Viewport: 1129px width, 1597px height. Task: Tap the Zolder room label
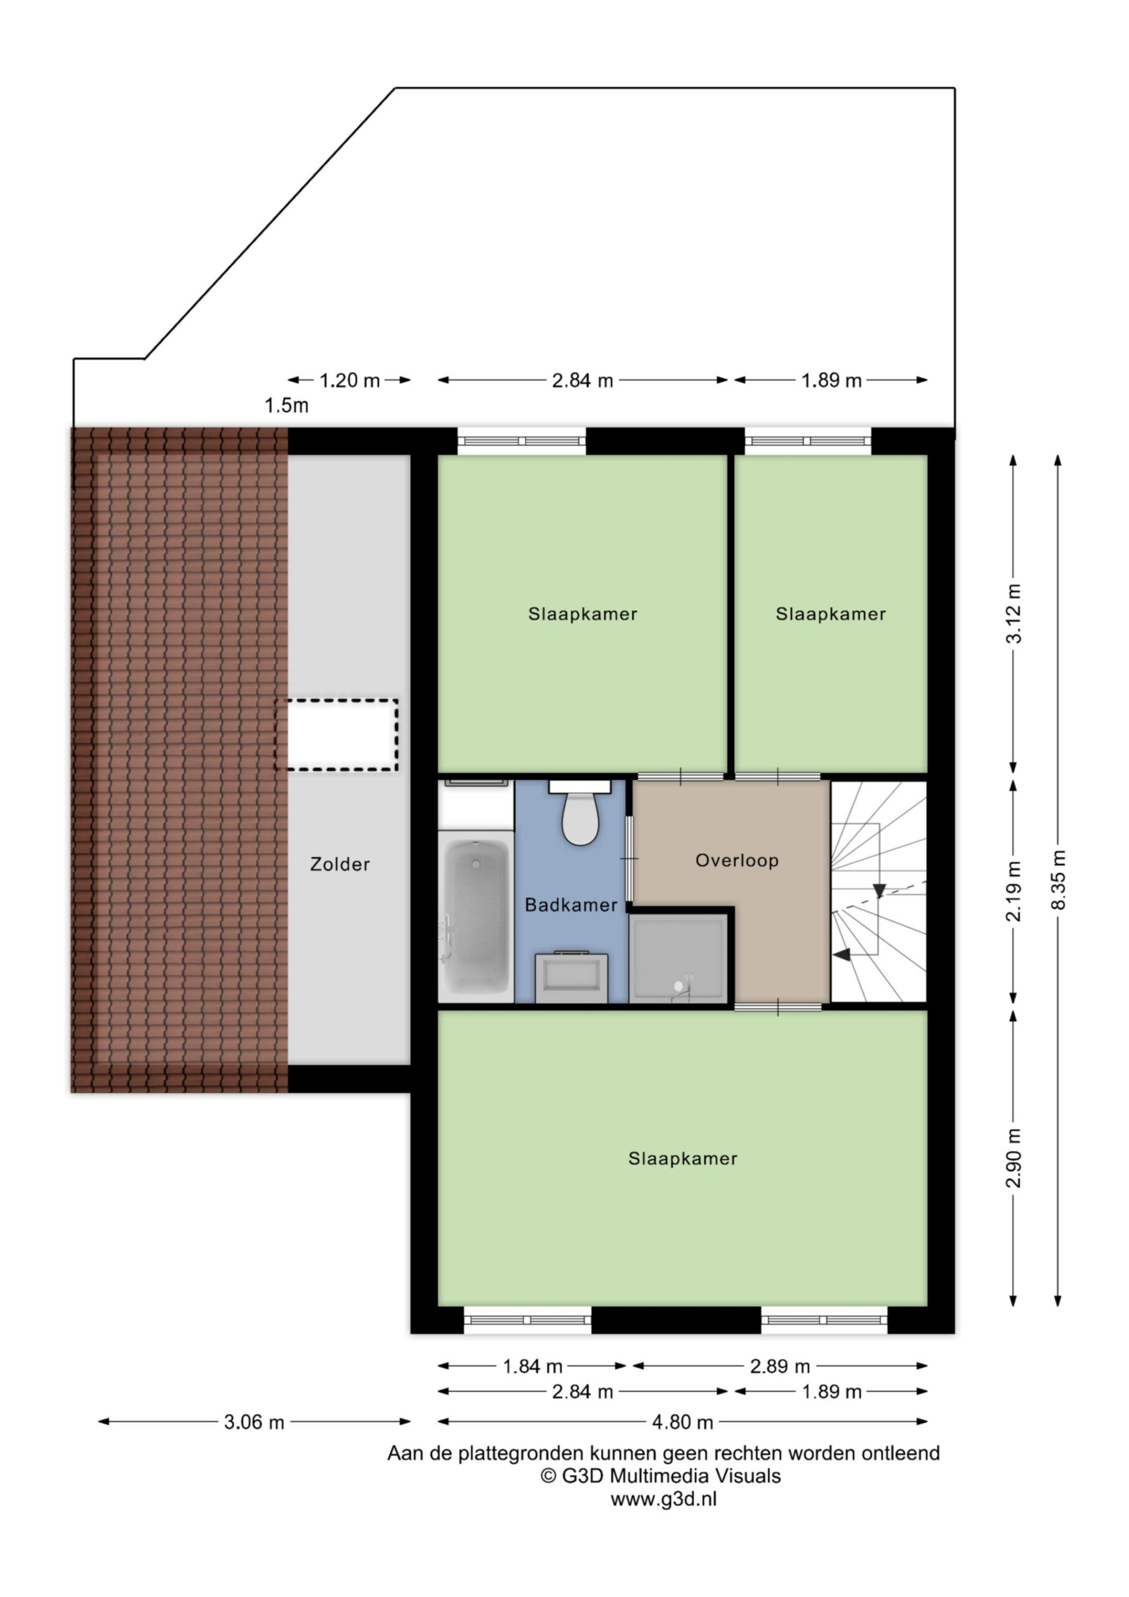click(x=339, y=865)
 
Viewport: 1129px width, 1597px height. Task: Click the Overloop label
click(x=737, y=860)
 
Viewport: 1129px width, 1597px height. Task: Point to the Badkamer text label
click(x=571, y=905)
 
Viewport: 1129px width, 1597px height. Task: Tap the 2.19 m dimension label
click(x=1014, y=891)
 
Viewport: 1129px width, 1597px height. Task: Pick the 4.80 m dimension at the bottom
click(x=682, y=1422)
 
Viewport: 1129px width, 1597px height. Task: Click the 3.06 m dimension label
click(x=254, y=1422)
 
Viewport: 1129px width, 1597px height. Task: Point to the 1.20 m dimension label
click(x=349, y=381)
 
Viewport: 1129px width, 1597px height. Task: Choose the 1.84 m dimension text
click(x=533, y=1367)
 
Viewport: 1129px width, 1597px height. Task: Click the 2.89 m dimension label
click(x=780, y=1367)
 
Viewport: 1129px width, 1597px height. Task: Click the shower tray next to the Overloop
click(x=678, y=958)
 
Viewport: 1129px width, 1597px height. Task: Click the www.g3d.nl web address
click(x=664, y=1499)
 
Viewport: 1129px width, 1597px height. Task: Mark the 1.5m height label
click(x=286, y=405)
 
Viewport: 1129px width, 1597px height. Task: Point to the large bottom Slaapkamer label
click(x=682, y=1158)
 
